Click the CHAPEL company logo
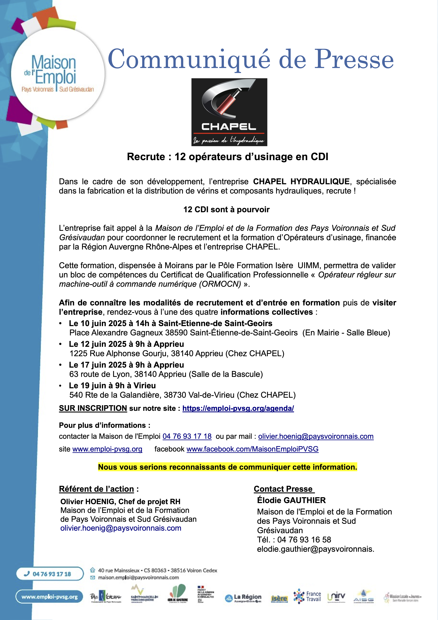click(x=229, y=112)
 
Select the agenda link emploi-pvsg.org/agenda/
click(x=238, y=408)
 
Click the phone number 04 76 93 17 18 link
click(x=187, y=436)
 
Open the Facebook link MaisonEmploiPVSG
click(x=252, y=449)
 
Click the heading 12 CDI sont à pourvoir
click(x=226, y=210)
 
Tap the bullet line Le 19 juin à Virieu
click(x=112, y=386)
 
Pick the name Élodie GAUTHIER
click(x=292, y=500)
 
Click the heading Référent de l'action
click(x=97, y=489)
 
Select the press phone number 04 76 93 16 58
click(x=304, y=540)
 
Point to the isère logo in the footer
click(x=279, y=599)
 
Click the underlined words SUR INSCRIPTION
click(x=93, y=408)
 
